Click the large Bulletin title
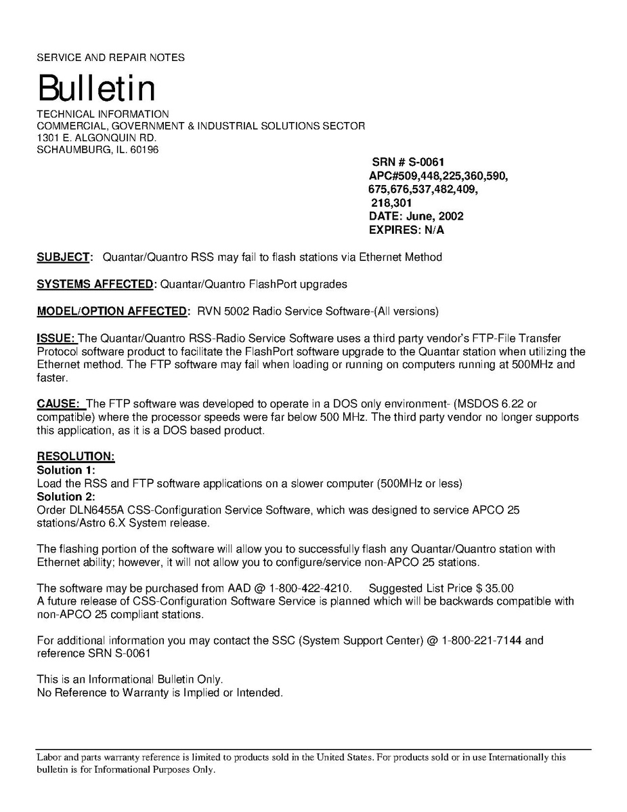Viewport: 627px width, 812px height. coord(96,89)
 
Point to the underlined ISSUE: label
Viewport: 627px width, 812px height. coord(57,338)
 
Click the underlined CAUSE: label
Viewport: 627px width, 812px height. coord(60,405)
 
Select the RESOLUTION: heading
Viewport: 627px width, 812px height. coord(76,457)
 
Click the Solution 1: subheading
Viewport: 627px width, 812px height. coord(66,470)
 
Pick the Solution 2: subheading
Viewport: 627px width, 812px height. coord(66,496)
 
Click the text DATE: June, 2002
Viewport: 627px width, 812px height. coord(416,216)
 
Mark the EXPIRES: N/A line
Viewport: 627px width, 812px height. coord(406,230)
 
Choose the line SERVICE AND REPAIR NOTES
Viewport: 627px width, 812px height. coord(110,58)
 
